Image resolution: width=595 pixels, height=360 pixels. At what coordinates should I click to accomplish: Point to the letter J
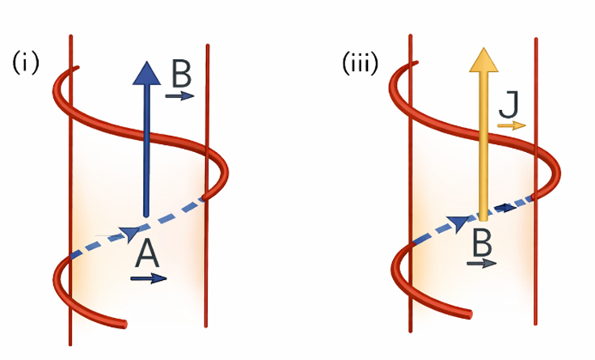(x=508, y=106)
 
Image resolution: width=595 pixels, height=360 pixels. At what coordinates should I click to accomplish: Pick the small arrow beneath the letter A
(x=149, y=278)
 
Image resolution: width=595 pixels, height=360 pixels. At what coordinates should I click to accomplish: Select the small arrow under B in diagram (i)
(x=180, y=95)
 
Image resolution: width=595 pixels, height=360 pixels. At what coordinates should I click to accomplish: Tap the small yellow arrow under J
(x=511, y=125)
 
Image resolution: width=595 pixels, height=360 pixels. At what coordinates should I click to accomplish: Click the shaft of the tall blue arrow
(x=146, y=154)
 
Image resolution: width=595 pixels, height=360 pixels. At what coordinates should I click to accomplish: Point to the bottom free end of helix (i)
(x=123, y=324)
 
